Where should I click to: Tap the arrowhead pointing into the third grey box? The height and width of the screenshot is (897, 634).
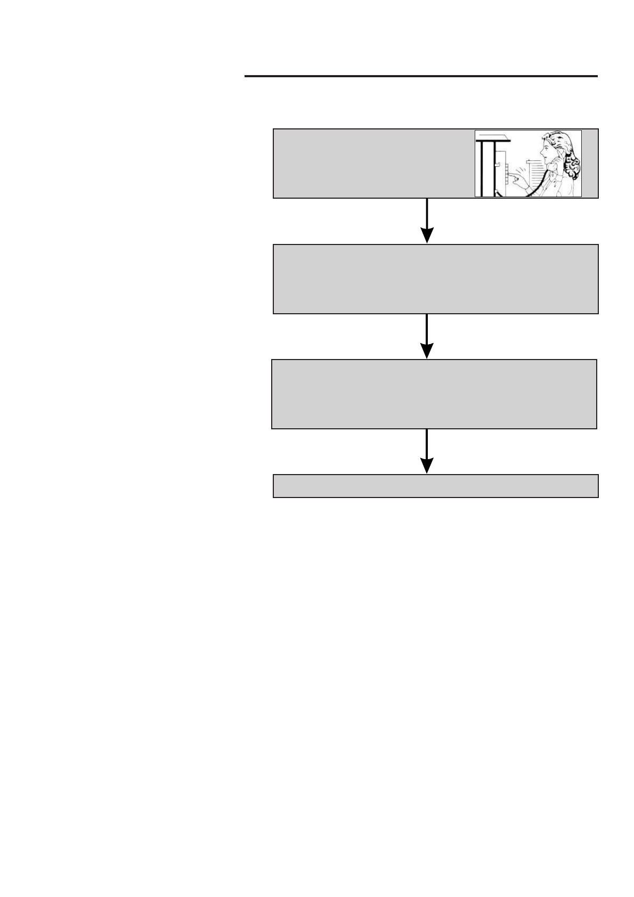pyautogui.click(x=427, y=350)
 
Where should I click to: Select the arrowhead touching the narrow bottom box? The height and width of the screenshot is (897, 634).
pyautogui.click(x=427, y=465)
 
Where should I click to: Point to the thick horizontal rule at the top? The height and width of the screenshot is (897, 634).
pyautogui.click(x=421, y=77)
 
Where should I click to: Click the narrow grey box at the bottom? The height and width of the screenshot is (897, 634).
pyautogui.click(x=435, y=486)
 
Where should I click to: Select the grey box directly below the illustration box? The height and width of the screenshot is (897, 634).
pyautogui.click(x=435, y=279)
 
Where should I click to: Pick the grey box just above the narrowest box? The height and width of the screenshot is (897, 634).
pyautogui.click(x=434, y=394)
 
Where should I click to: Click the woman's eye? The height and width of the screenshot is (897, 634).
pyautogui.click(x=546, y=148)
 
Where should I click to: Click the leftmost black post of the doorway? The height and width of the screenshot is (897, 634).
pyautogui.click(x=481, y=168)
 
